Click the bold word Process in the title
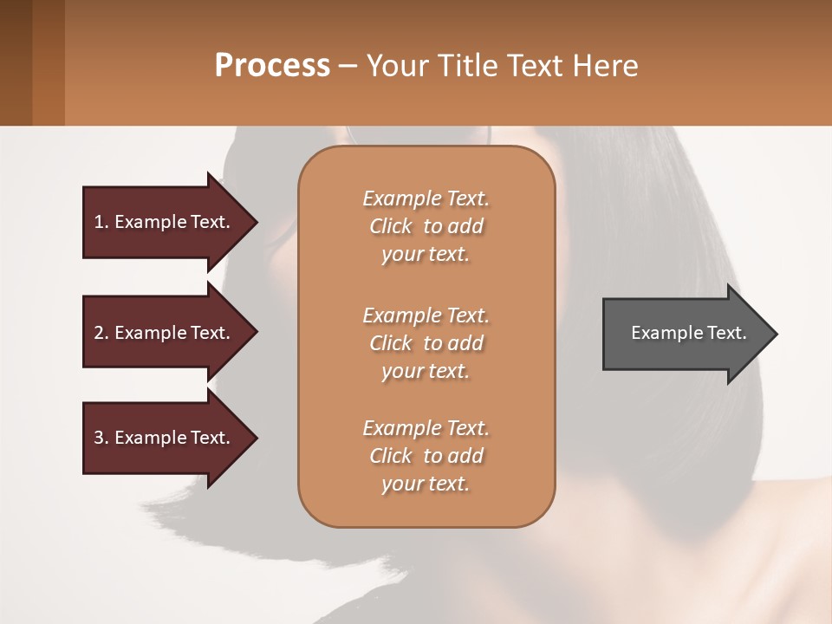(272, 66)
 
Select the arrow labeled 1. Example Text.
(165, 222)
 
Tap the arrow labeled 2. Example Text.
(165, 333)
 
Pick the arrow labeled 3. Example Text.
(165, 438)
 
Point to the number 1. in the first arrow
(101, 222)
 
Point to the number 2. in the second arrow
(101, 333)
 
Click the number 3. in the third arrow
(101, 438)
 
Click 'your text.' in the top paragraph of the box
(425, 255)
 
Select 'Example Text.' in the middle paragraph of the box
(426, 315)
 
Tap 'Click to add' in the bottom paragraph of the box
(426, 456)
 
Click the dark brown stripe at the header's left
(16, 62)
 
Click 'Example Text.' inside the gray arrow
(689, 333)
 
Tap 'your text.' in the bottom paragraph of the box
(425, 484)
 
